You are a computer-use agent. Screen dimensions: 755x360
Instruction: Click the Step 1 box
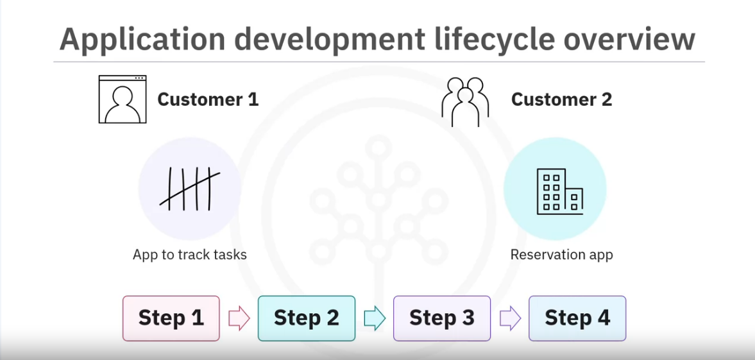171,318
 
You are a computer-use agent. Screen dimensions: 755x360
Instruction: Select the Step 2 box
307,318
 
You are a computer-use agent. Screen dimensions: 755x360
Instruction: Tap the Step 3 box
442,318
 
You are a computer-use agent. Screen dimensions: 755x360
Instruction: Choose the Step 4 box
577,318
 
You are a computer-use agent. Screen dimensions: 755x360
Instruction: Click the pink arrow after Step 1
239,318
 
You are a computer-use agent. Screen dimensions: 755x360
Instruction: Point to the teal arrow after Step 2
375,318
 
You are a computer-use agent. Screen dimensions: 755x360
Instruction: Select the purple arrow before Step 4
511,318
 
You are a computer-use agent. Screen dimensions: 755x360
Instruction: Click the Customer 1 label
208,99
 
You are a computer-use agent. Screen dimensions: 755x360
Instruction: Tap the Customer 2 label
561,99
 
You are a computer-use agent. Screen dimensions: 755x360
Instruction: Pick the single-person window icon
123,99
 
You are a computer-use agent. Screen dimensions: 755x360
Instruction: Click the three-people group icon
465,101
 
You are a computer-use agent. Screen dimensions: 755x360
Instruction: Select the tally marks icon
190,189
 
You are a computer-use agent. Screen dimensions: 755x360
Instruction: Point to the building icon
560,191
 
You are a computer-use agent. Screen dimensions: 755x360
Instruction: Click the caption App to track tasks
190,255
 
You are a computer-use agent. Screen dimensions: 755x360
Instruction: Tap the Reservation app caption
561,255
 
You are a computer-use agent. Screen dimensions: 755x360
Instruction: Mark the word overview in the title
629,40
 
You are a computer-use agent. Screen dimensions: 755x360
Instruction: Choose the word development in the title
330,40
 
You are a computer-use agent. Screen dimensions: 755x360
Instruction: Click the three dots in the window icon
140,78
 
